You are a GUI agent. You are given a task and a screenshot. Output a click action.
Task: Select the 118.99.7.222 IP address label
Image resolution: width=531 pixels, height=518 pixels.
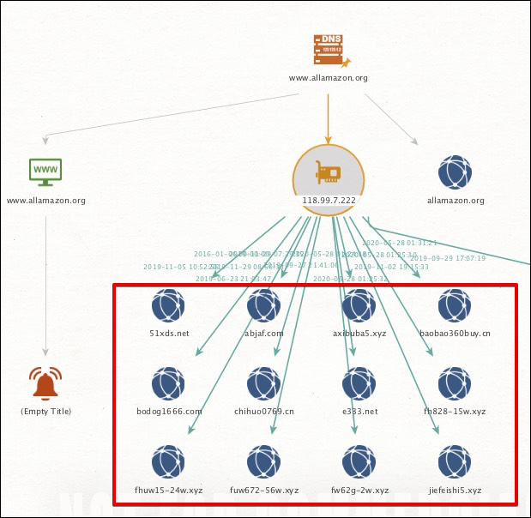[x=329, y=201]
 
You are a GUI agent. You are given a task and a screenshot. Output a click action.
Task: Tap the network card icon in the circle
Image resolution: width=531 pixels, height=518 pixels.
[x=329, y=172]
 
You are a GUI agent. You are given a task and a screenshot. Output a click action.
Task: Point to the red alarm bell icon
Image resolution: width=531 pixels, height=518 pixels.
[x=45, y=383]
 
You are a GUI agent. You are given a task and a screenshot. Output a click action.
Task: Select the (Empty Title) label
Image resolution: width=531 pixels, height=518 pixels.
[x=45, y=412]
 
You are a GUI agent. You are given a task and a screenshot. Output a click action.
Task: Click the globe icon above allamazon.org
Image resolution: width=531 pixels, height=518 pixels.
[x=456, y=172]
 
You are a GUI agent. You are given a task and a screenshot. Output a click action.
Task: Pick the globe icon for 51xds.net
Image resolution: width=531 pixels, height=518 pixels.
[x=168, y=306]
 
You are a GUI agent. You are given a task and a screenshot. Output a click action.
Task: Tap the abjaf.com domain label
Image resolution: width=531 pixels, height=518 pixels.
[x=263, y=333]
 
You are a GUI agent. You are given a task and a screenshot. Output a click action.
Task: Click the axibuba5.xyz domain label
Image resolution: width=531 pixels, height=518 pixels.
[x=359, y=333]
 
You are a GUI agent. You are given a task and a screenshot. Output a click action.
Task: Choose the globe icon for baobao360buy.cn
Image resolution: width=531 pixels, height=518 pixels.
[x=456, y=306]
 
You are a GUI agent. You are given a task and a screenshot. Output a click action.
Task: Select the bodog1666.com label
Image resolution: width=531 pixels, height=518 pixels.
[x=168, y=412]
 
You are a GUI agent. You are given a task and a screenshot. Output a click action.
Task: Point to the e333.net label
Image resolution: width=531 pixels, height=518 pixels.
[x=359, y=412]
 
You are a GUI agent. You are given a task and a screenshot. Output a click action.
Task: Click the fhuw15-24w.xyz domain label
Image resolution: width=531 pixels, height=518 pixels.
[x=168, y=491]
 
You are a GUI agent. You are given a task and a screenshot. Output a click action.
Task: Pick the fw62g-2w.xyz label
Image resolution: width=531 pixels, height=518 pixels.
[x=359, y=491]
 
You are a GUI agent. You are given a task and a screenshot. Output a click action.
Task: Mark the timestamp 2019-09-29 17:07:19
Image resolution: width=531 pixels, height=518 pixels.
[x=447, y=258]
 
